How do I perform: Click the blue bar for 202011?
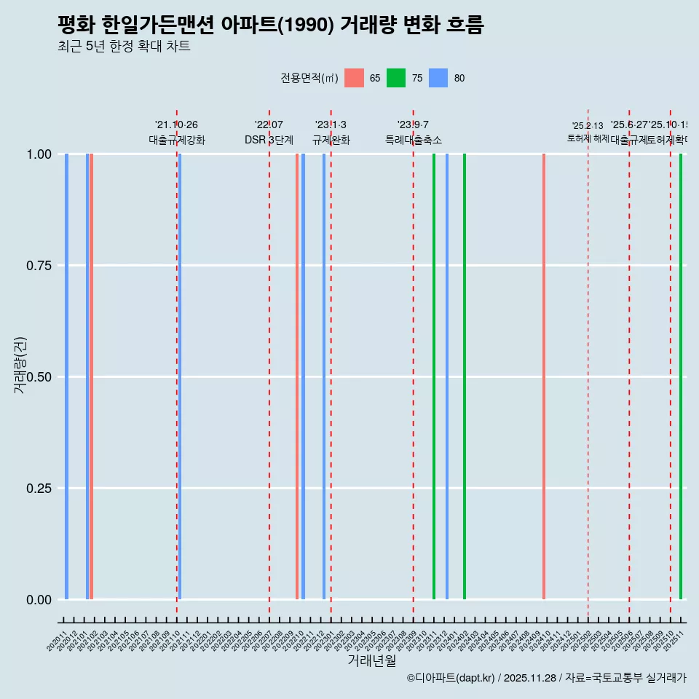[x=66, y=376]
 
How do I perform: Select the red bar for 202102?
[x=91, y=376]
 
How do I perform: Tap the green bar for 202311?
[x=434, y=376]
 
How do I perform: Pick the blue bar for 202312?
[x=447, y=376]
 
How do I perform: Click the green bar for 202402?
[x=465, y=376]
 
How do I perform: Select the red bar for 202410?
[x=544, y=376]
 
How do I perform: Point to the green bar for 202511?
[x=681, y=376]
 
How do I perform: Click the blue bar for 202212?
[x=324, y=376]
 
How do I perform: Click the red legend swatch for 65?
[x=354, y=78]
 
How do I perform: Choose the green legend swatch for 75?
[x=396, y=78]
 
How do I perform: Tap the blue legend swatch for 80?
[x=438, y=78]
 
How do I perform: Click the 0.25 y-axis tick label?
[x=39, y=489]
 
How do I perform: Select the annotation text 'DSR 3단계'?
[x=269, y=140]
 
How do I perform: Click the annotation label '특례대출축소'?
[x=414, y=140]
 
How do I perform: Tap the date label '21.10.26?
[x=176, y=125]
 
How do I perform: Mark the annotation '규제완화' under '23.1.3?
[x=331, y=140]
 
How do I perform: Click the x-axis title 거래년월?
[x=371, y=660]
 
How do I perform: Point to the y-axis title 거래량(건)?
[x=20, y=366]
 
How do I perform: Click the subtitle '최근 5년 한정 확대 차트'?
[x=124, y=47]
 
